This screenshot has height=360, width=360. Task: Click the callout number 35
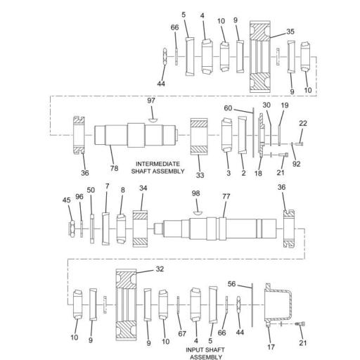290,32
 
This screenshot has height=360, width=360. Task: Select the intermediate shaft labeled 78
134,134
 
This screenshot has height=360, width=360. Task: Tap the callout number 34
143,188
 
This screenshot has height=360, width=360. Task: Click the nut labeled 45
72,228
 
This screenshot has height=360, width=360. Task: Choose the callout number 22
302,123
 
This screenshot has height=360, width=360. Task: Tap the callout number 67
182,333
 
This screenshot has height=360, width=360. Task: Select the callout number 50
91,190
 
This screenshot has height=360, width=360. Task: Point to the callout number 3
228,172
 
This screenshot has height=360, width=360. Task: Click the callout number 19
285,105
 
